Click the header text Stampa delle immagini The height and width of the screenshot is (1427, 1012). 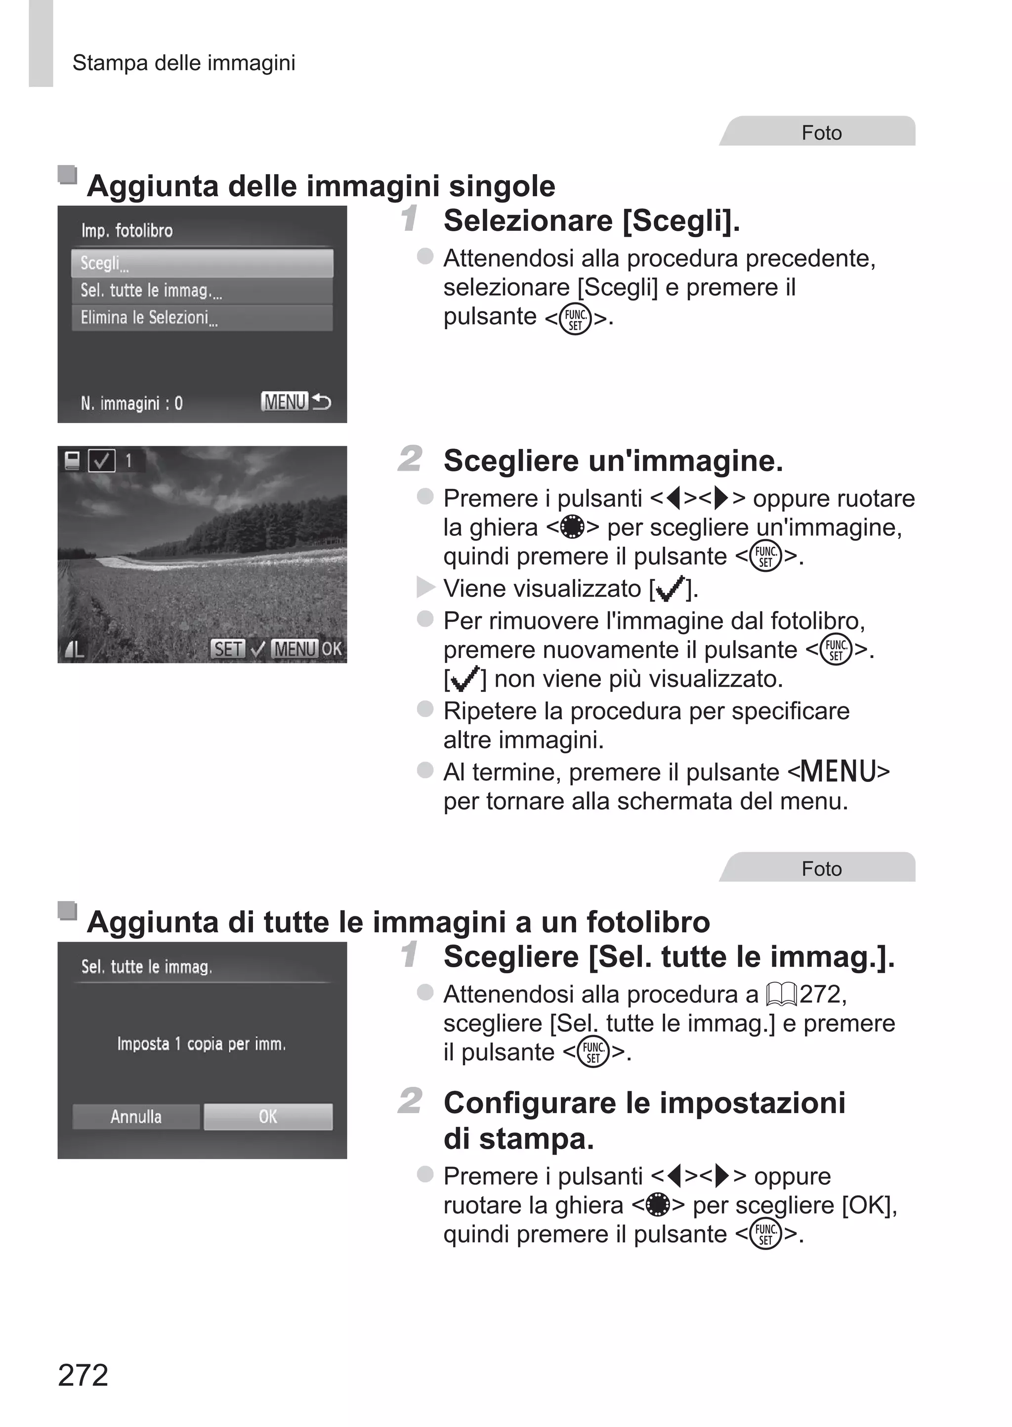click(x=183, y=63)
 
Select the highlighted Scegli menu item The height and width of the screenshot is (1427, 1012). click(x=202, y=263)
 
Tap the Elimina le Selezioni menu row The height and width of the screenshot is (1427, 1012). click(x=202, y=318)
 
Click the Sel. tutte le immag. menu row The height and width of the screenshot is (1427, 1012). click(x=202, y=290)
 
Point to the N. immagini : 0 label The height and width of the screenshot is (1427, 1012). click(x=131, y=403)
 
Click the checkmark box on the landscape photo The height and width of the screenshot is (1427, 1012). click(x=102, y=461)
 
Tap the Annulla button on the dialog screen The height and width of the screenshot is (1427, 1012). click(x=136, y=1117)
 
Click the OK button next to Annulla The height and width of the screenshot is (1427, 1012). click(x=268, y=1117)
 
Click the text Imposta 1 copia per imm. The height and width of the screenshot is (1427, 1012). click(x=201, y=1044)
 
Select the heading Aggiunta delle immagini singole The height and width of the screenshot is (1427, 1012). click(x=320, y=186)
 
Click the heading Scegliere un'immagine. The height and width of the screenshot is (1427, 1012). click(x=613, y=461)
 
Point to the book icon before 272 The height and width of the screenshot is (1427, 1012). click(x=781, y=995)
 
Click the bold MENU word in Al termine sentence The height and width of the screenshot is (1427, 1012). click(x=838, y=772)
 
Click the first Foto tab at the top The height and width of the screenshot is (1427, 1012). click(x=821, y=133)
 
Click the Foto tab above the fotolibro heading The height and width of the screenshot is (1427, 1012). click(x=821, y=868)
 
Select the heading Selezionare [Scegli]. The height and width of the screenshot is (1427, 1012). click(x=591, y=220)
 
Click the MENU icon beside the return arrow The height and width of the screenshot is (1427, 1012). click(x=284, y=401)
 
